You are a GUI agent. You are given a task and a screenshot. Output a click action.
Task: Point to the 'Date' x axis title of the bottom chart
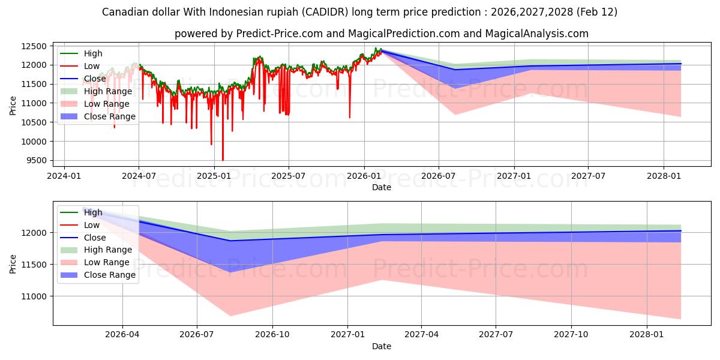click(x=382, y=346)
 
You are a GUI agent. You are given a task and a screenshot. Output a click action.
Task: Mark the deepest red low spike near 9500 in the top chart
click(x=223, y=160)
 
